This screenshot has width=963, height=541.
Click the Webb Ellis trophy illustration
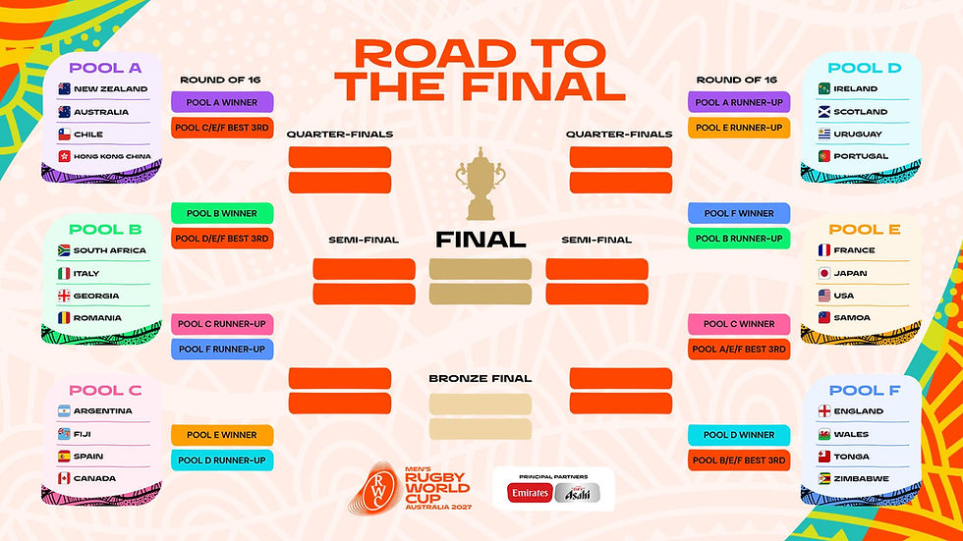[481, 184]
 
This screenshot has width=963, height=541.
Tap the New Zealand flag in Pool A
[64, 89]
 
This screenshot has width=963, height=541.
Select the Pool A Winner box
[222, 102]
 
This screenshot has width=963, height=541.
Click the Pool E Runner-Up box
[739, 127]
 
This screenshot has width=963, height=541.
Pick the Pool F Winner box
[739, 213]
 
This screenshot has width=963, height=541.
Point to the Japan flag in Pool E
[824, 273]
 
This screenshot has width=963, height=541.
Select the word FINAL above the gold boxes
[481, 240]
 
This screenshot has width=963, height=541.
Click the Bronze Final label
[481, 378]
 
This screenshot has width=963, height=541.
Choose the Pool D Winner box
[739, 435]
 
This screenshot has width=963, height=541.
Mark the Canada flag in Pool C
[64, 478]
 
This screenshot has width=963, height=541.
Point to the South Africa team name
[110, 250]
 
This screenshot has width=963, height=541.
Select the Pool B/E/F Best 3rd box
[739, 460]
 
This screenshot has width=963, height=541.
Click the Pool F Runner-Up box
[222, 349]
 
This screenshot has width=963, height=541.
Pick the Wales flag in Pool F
[824, 434]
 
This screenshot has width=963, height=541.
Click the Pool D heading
[856, 68]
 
